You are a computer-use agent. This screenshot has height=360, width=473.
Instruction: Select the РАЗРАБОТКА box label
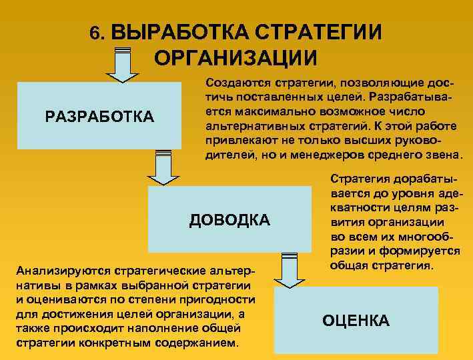pyautogui.click(x=99, y=117)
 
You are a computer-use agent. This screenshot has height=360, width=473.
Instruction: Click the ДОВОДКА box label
pyautogui.click(x=229, y=219)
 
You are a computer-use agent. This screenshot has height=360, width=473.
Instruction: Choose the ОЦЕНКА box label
pyautogui.click(x=356, y=321)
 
